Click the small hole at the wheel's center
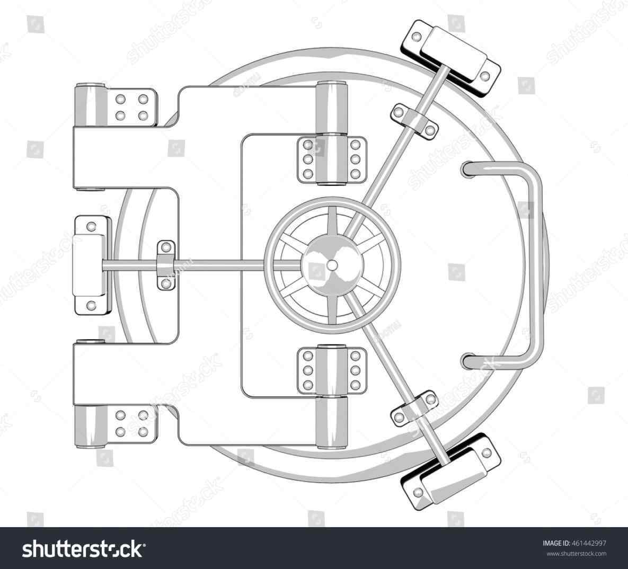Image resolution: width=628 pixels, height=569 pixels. pyautogui.click(x=332, y=263)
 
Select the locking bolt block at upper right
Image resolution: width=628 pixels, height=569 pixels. pyautogui.click(x=452, y=51)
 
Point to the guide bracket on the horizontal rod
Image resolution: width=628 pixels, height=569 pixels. pyautogui.click(x=166, y=265)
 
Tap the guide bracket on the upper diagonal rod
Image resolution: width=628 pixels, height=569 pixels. pyautogui.click(x=414, y=121)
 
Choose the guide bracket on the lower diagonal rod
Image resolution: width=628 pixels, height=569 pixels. pyautogui.click(x=414, y=407)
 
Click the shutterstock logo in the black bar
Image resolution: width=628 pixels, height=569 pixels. pyautogui.click(x=84, y=548)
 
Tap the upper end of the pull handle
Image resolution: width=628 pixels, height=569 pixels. pyautogui.click(x=468, y=168)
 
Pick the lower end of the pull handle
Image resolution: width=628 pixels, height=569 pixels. pyautogui.click(x=468, y=361)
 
